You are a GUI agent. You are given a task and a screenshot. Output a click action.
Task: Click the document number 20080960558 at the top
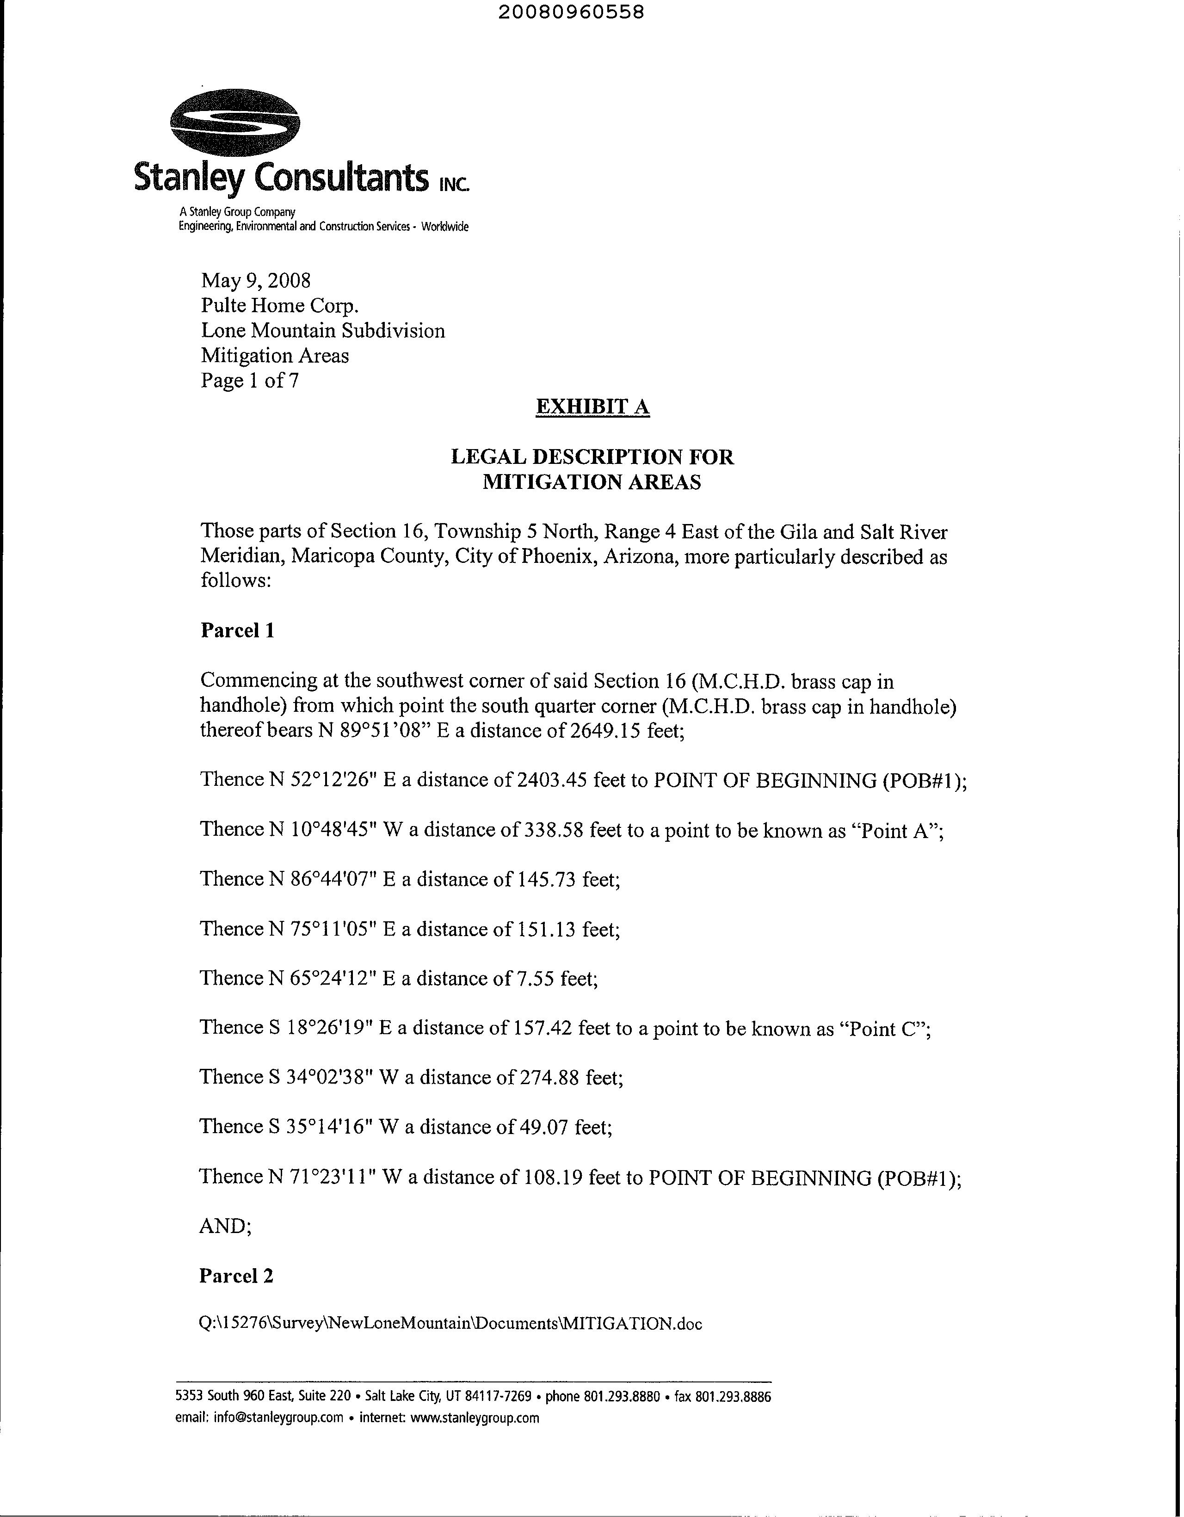pyautogui.click(x=571, y=12)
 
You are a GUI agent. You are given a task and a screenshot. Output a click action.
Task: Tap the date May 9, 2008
pyautogui.click(x=256, y=281)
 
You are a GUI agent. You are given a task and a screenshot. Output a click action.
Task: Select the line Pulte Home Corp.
pyautogui.click(x=280, y=306)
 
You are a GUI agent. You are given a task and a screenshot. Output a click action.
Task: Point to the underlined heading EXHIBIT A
pyautogui.click(x=592, y=407)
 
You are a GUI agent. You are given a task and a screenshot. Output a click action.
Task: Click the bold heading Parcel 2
pyautogui.click(x=236, y=1275)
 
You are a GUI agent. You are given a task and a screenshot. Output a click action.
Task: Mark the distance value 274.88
pyautogui.click(x=549, y=1077)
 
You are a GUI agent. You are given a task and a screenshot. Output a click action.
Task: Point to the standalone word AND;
pyautogui.click(x=225, y=1226)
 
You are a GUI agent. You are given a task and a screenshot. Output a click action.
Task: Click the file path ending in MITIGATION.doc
pyautogui.click(x=450, y=1324)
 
